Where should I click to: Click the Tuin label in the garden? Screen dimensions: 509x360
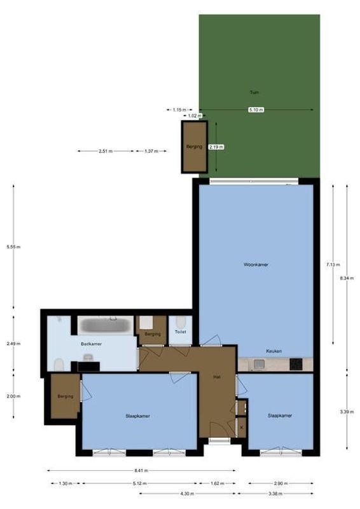click(254, 93)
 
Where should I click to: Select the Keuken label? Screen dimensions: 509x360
click(274, 351)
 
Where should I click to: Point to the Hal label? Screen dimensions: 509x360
click(217, 377)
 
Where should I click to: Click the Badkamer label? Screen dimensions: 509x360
click(91, 344)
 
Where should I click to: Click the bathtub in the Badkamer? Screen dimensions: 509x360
click(106, 325)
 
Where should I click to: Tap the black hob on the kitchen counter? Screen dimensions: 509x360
click(296, 365)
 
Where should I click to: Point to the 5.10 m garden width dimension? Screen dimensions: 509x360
click(256, 110)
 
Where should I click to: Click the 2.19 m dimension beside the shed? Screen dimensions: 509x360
click(217, 147)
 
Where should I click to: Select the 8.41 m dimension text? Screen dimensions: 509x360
click(141, 471)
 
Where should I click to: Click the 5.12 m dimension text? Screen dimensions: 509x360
click(141, 483)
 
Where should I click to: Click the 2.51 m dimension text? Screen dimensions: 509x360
click(106, 151)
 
